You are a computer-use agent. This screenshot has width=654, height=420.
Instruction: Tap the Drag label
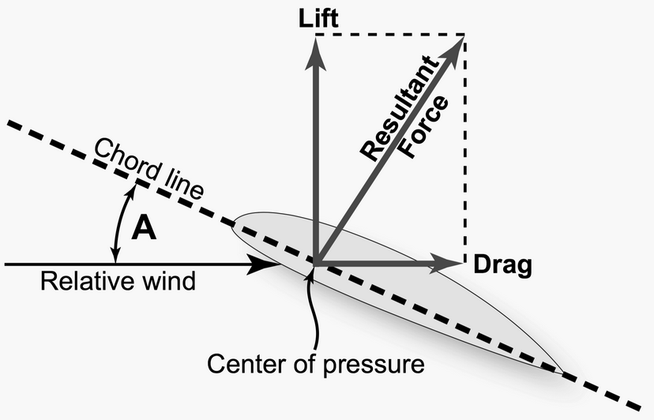[x=501, y=264]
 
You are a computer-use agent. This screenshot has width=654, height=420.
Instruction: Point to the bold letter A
[x=144, y=228]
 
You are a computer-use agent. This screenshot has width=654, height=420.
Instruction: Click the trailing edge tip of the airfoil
[x=562, y=371]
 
